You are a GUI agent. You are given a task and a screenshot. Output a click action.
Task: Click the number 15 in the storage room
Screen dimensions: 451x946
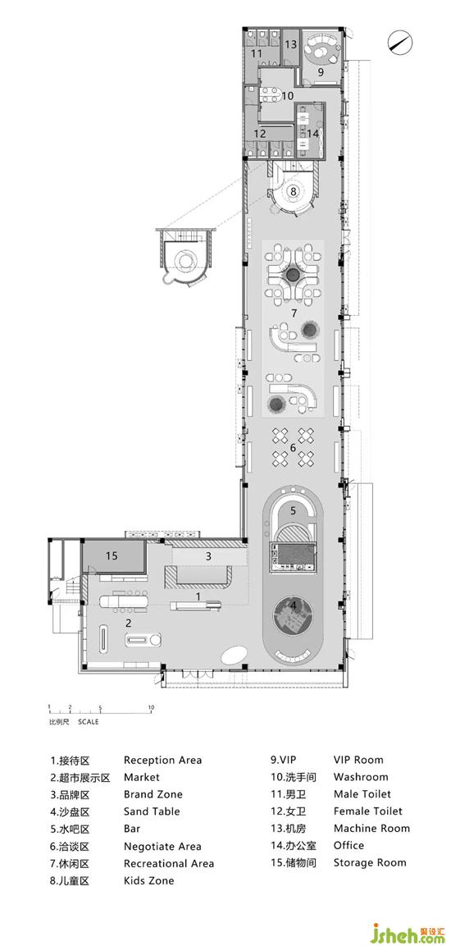[x=111, y=555]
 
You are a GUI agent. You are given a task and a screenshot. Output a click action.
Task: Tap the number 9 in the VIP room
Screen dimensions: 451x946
[x=321, y=71]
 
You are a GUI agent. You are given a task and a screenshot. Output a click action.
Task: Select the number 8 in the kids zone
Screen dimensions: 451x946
[x=294, y=190]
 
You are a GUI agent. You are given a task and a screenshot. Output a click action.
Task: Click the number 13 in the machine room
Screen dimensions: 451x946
[x=290, y=44]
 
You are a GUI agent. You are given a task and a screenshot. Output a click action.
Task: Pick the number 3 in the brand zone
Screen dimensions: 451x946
[x=208, y=556]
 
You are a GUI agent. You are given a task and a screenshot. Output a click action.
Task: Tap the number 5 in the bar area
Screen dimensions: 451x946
[x=293, y=510]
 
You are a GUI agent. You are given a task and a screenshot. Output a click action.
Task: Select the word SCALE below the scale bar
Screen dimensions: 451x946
[x=88, y=721]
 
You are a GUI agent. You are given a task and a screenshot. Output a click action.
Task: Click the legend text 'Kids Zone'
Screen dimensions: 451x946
[x=149, y=880]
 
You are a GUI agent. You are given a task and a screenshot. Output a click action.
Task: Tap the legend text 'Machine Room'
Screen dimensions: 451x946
[x=371, y=829]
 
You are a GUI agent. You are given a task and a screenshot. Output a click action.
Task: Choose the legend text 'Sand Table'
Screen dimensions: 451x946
[x=152, y=811]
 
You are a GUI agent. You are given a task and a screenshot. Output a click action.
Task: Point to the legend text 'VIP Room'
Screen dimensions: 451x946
[x=358, y=760]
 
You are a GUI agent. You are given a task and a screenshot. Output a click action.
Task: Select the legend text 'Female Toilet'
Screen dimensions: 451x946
[x=368, y=811]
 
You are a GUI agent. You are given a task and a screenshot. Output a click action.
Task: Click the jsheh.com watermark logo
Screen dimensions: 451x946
[x=410, y=934]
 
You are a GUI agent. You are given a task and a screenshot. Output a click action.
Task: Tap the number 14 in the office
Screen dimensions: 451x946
[x=312, y=134]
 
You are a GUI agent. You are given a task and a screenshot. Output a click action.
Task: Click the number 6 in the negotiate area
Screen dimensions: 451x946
[x=293, y=447]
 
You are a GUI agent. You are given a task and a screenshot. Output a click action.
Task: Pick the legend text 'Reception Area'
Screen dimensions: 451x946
[x=163, y=761]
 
